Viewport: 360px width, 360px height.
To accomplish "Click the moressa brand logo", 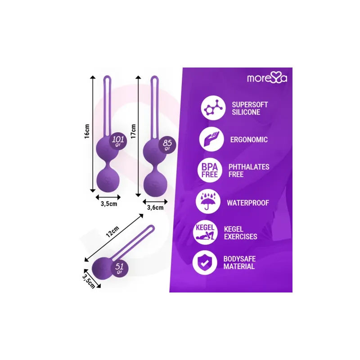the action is point(267,78).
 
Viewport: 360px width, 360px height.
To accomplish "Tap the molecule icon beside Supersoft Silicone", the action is point(213,108).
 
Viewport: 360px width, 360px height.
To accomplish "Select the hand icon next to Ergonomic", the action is point(211,139).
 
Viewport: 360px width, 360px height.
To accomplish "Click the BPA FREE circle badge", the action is point(210,171).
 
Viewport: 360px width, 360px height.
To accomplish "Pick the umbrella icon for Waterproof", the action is point(208,202).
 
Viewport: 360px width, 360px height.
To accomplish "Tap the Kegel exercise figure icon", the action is point(205,233).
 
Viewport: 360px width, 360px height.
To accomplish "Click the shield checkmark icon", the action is point(205,263).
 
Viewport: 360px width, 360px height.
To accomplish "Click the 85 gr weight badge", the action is point(167,144).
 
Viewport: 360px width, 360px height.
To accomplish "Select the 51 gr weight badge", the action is point(119,268).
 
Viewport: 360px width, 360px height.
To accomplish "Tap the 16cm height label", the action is point(87,131).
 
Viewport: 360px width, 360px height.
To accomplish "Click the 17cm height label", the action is point(133,131).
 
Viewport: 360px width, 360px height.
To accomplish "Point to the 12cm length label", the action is point(112,231).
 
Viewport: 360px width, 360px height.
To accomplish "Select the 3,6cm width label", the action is point(155,208).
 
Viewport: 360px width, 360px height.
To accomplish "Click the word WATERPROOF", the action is point(248,203).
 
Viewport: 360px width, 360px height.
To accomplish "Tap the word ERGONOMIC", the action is point(249,139).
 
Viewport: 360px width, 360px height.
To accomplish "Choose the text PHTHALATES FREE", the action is point(249,171).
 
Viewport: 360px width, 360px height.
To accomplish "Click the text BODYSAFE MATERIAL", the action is point(239,263).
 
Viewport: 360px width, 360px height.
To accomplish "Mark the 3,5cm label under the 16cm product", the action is point(109,204).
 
